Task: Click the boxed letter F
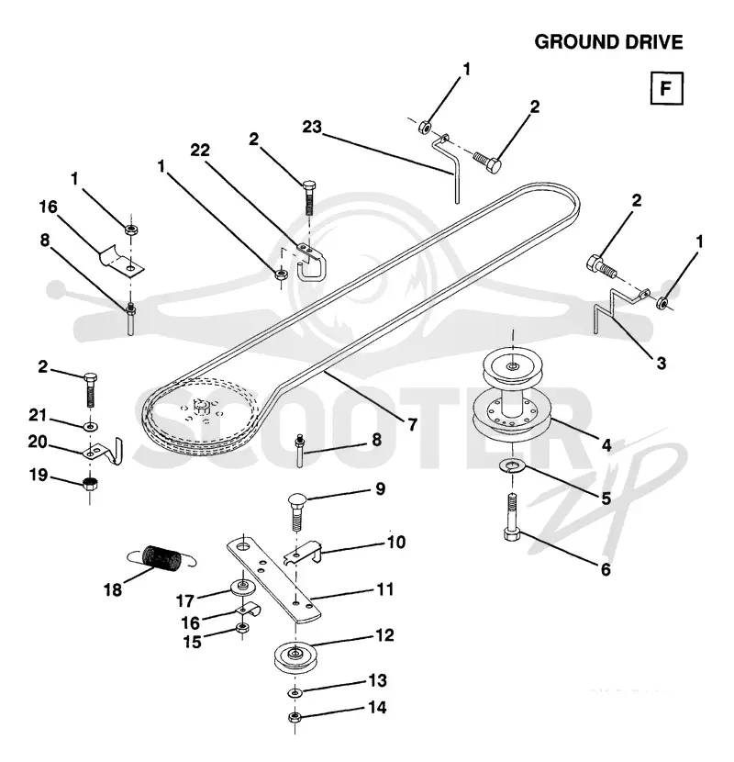666,88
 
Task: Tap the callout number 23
312,127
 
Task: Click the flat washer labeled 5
511,467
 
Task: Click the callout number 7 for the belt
413,425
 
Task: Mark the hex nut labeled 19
90,484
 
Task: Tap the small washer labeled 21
91,427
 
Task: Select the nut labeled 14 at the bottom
294,717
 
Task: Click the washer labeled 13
295,691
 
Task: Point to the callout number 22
200,151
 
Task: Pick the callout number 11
385,589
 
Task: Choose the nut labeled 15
241,628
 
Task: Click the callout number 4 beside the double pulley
606,445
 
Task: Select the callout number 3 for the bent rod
662,363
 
